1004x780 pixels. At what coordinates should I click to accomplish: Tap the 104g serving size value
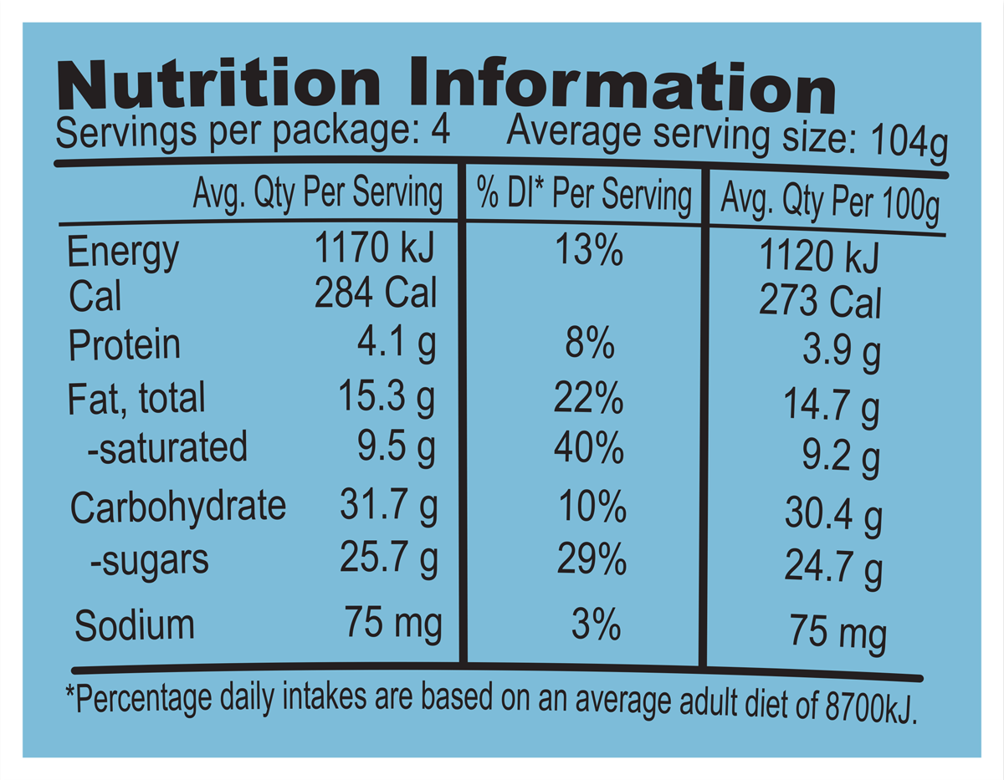(x=909, y=145)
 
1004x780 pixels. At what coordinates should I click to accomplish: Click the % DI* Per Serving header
(x=584, y=197)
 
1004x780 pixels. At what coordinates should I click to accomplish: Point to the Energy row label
(x=122, y=252)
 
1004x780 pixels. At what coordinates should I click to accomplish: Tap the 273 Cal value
(x=820, y=302)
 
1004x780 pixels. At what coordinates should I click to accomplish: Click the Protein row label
(x=124, y=344)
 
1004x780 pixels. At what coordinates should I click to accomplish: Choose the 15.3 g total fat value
(x=387, y=398)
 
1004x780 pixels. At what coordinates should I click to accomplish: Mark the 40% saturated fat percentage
(x=589, y=450)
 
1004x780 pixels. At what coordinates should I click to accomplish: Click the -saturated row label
(x=167, y=448)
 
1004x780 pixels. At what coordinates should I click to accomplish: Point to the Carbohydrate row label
(x=178, y=507)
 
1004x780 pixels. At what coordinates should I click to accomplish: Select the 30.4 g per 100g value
(x=832, y=513)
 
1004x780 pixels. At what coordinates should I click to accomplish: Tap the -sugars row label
(x=149, y=559)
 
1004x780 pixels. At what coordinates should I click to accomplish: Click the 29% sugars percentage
(x=592, y=559)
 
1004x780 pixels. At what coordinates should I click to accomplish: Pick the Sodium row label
(x=135, y=625)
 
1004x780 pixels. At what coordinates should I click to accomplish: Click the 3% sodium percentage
(x=596, y=625)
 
